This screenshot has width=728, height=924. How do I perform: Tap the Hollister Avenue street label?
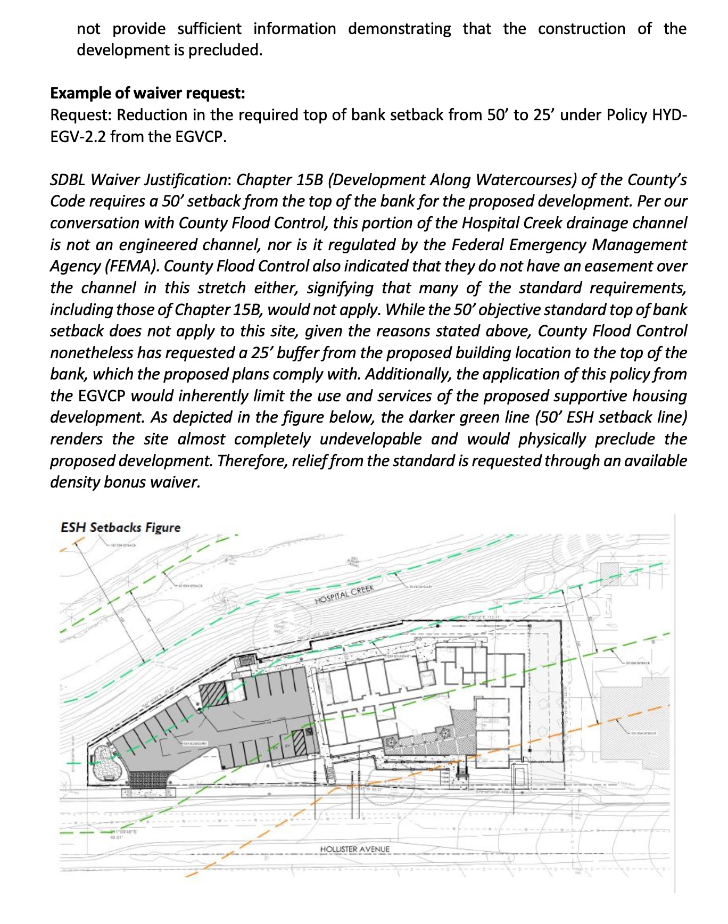pyautogui.click(x=355, y=849)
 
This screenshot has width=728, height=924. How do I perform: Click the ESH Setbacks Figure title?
pyautogui.click(x=120, y=527)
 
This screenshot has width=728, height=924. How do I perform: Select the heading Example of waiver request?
pyautogui.click(x=147, y=93)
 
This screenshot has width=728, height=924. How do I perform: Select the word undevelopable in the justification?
pyautogui.click(x=370, y=440)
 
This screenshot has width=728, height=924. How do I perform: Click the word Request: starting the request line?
pyautogui.click(x=81, y=115)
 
